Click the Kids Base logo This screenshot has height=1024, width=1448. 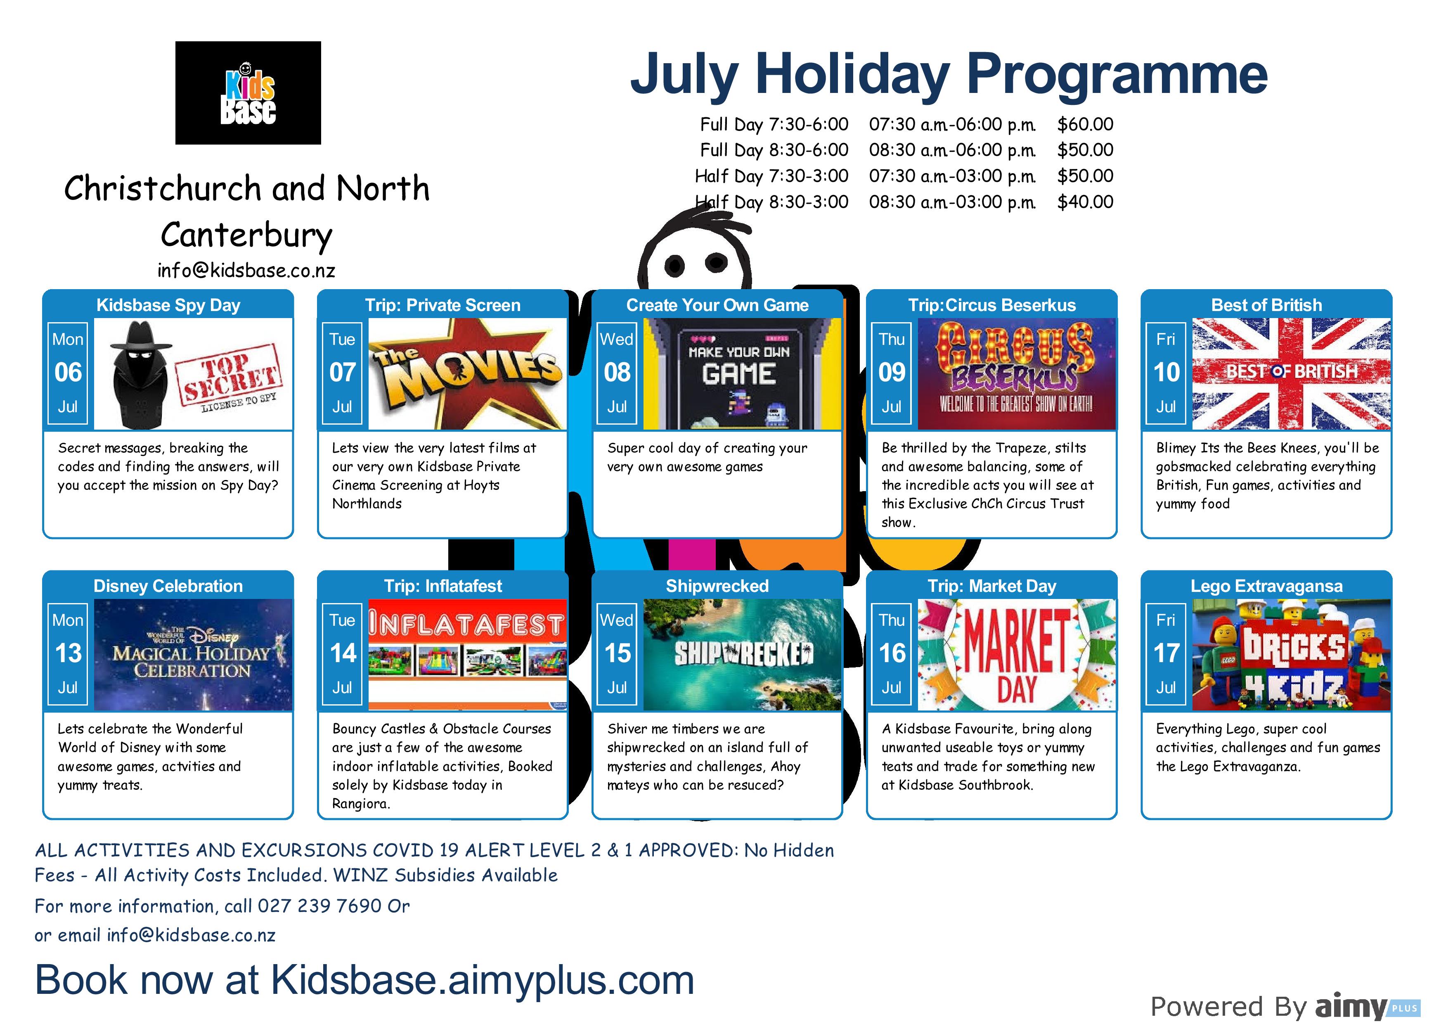pos(248,93)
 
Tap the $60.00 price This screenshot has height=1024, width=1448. pos(1085,124)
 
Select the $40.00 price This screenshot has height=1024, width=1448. pos(1085,202)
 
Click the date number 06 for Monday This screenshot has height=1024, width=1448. pos(68,372)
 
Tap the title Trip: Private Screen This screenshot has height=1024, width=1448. pos(443,305)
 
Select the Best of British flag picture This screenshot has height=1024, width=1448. pos(1292,374)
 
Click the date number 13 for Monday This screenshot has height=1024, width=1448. pos(68,653)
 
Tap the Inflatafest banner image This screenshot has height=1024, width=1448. pos(467,655)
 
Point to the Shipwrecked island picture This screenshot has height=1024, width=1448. pos(742,655)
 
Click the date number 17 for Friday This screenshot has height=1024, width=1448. pos(1166,653)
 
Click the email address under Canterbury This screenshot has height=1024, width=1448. pos(246,271)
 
